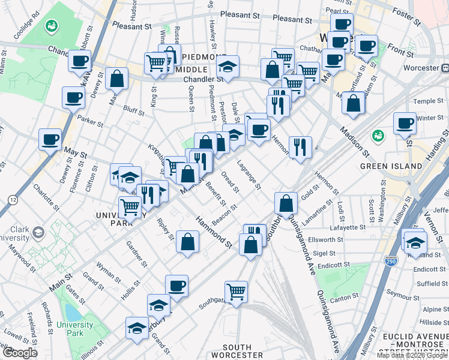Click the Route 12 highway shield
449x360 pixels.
[x=13, y=199]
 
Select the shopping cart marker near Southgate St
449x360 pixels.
[x=237, y=292]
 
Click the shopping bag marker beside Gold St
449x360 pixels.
[x=287, y=202]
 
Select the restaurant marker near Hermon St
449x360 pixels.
[x=300, y=146]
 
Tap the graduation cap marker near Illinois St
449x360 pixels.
[x=137, y=328]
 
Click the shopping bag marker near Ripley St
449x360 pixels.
[x=188, y=242]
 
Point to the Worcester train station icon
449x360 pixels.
[x=445, y=68]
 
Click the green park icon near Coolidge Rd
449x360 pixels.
[x=51, y=26]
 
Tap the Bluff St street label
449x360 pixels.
[x=133, y=110]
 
